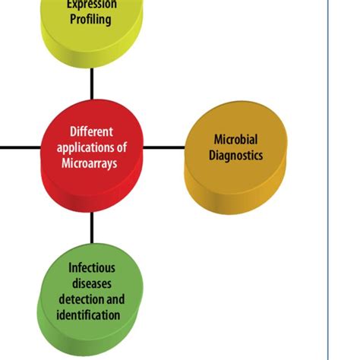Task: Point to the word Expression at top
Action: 91,5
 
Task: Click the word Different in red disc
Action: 92,130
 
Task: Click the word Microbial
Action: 236,140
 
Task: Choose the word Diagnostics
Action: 237,155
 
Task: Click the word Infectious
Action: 92,267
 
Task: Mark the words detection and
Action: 92,298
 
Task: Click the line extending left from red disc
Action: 19,147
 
